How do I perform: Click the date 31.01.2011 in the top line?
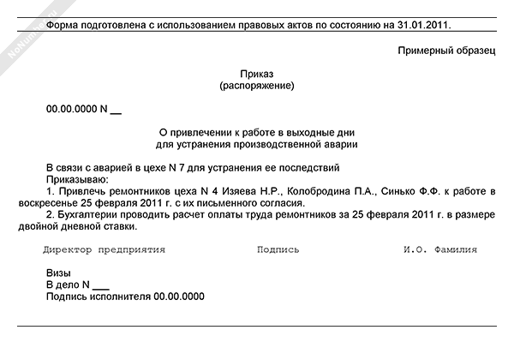coord(422,26)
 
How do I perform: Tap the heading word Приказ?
coord(257,75)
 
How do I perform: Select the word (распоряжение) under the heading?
coord(257,86)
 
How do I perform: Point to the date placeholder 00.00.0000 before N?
coord(71,110)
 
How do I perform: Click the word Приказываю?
coord(76,179)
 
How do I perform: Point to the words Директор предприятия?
coord(104,250)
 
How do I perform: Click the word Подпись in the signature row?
coord(278,250)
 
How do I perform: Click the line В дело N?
coord(77,285)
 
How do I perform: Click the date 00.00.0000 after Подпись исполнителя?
coord(179,297)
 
